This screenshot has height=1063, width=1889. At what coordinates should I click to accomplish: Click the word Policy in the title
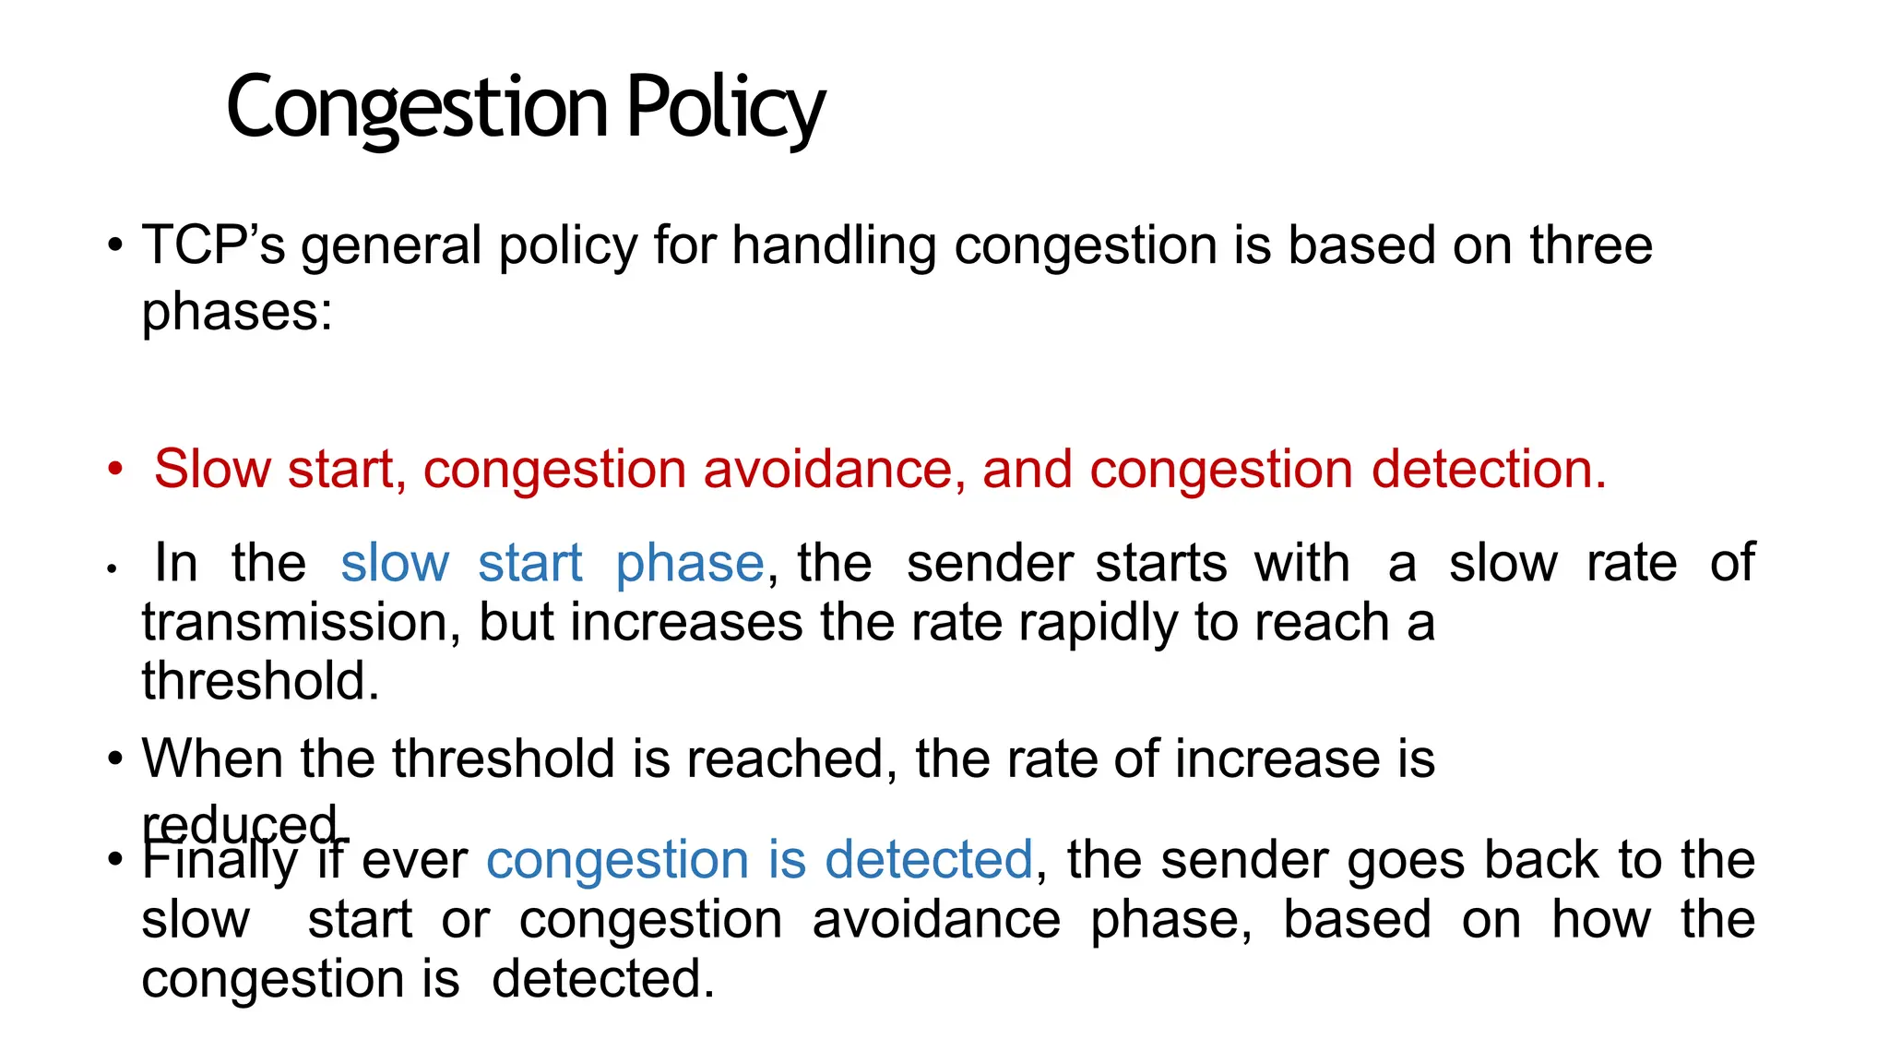pos(726,109)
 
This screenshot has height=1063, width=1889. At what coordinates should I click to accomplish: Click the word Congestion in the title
pos(417,109)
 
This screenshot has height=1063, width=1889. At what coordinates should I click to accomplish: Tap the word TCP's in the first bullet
pos(213,245)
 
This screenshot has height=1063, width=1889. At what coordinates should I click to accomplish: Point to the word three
pos(1591,245)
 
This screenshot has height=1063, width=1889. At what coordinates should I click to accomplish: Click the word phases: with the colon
pos(237,312)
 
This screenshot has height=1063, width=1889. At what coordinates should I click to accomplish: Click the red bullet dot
pos(114,469)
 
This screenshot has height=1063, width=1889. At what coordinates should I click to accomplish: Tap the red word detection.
pos(1489,469)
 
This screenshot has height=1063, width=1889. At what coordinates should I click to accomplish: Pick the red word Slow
pos(212,469)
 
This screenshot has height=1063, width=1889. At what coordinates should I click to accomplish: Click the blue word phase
pos(690,564)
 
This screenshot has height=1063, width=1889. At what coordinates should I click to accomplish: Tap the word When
pos(212,758)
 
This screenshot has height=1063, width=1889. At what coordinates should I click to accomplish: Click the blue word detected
pos(929,860)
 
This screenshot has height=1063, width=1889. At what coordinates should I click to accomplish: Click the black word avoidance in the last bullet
pos(936,920)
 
